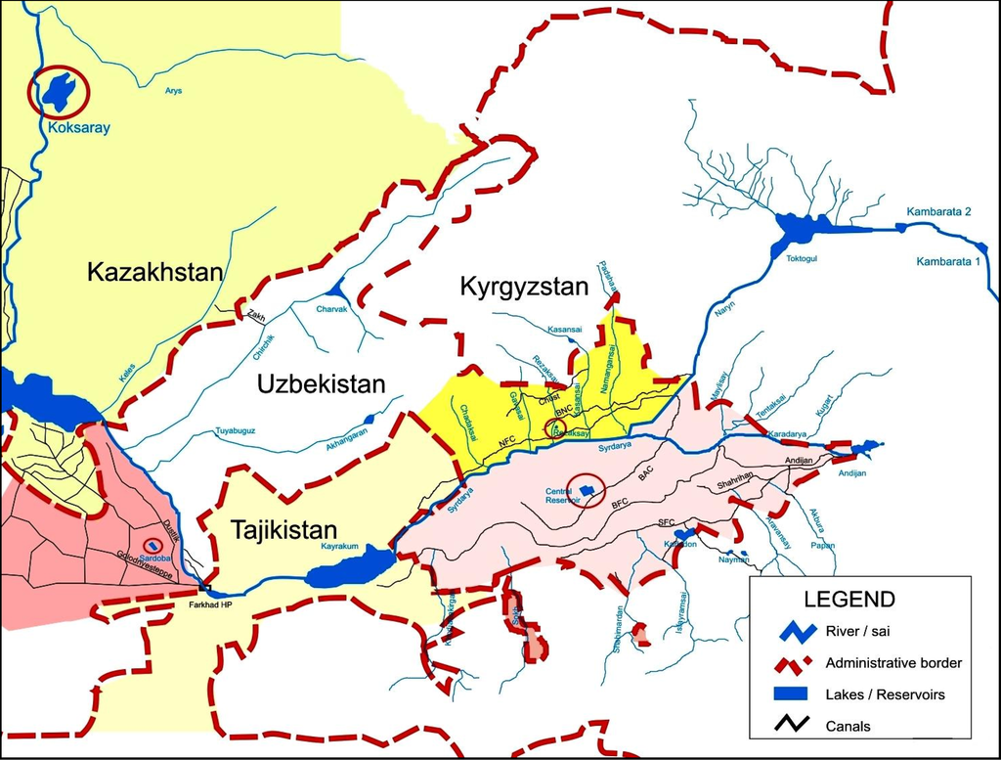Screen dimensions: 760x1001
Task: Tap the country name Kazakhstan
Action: (x=155, y=271)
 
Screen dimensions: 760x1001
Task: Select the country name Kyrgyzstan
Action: (x=524, y=288)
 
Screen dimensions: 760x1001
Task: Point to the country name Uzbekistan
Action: (x=322, y=384)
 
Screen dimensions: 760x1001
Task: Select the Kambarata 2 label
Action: (x=938, y=211)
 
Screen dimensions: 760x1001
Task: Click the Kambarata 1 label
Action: (x=948, y=261)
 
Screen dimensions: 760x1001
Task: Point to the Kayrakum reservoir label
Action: (x=344, y=548)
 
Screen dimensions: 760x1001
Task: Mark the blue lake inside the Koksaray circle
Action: (x=57, y=91)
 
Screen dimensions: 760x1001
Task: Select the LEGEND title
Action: (x=849, y=599)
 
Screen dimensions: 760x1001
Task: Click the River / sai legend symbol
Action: (x=788, y=631)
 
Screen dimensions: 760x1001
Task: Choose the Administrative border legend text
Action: (x=893, y=663)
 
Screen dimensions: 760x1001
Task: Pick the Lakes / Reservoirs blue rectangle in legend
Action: (x=788, y=694)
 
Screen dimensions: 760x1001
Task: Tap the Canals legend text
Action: (x=849, y=726)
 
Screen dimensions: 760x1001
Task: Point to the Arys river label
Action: (x=174, y=91)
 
